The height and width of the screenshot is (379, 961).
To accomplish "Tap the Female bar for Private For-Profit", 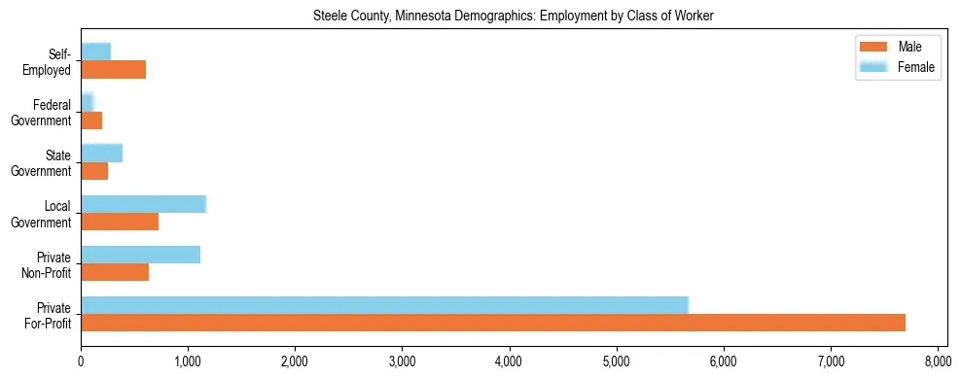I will (x=384, y=305).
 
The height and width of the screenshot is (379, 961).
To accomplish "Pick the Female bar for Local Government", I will (x=143, y=203).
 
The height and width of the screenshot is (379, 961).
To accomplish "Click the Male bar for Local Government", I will (x=120, y=222).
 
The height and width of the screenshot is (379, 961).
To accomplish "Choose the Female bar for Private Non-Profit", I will (x=140, y=255).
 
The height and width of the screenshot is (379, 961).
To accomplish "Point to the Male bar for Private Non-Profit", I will (x=115, y=272).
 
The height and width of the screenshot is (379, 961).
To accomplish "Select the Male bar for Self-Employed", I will (x=113, y=70).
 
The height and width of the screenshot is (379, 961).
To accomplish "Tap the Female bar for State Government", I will (x=101, y=153).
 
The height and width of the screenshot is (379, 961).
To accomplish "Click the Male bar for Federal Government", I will (x=91, y=121).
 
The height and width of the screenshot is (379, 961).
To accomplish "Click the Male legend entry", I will (x=895, y=47).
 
